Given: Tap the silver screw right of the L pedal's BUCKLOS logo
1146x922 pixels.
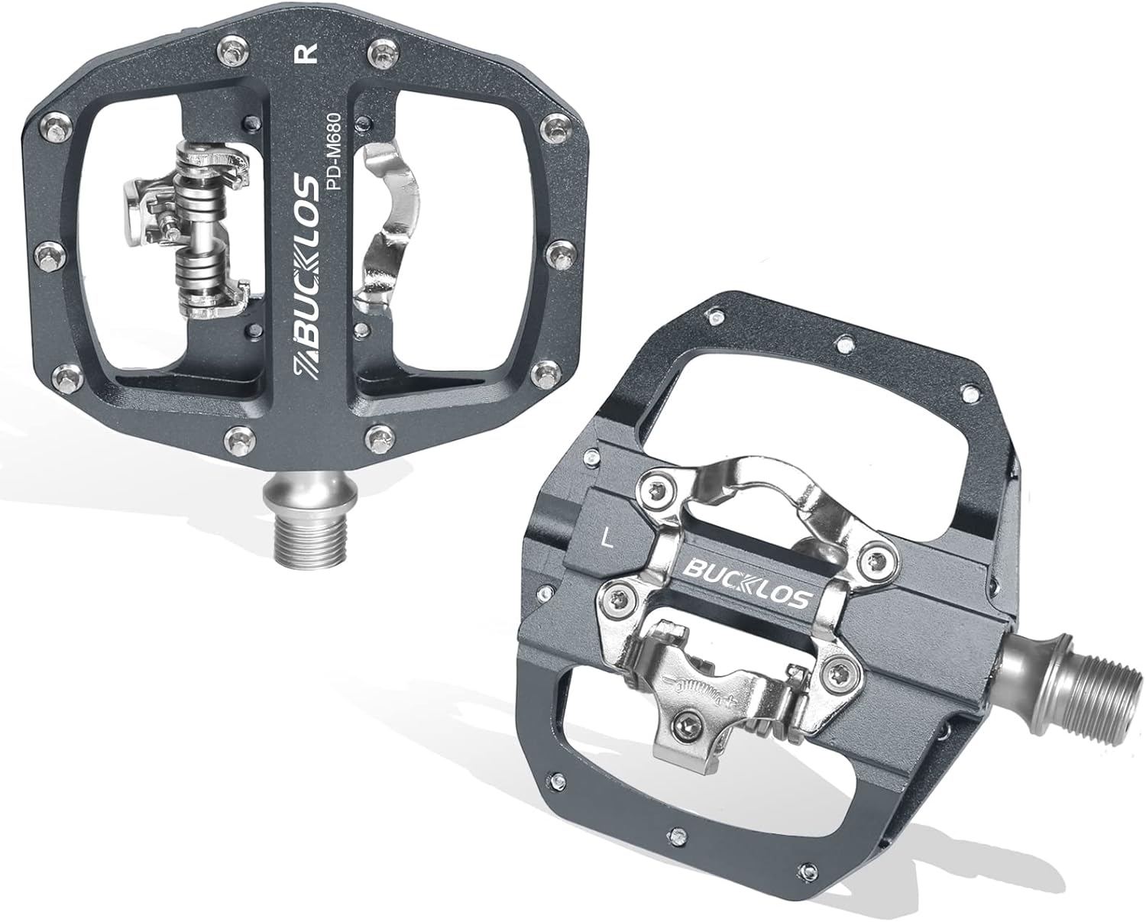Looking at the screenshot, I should (876, 561).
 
